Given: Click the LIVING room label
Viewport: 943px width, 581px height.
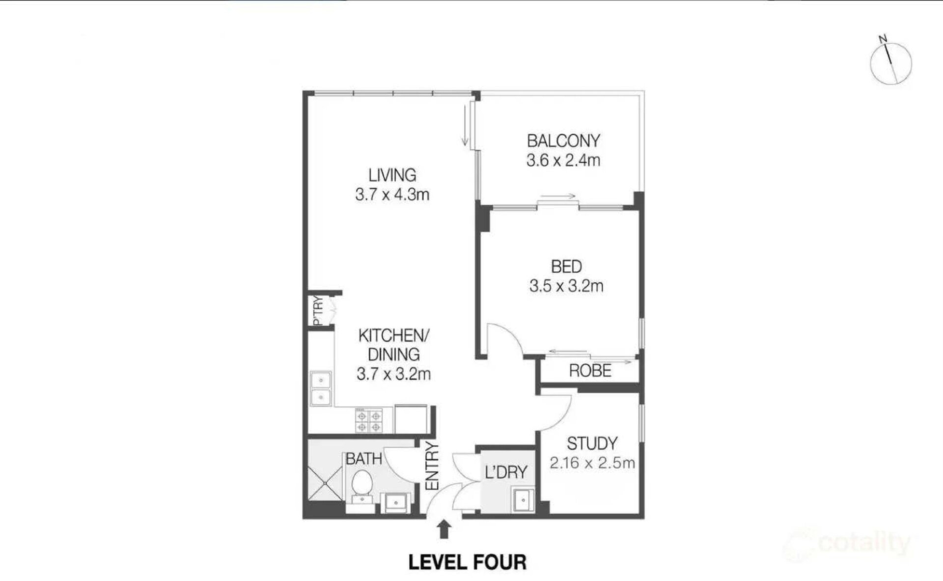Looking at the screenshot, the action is tap(392, 175).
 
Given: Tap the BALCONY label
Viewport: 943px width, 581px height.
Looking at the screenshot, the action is tap(563, 141).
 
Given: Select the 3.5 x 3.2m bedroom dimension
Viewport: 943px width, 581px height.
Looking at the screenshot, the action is tap(566, 286).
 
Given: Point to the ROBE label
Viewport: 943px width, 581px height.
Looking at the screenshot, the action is tap(590, 371).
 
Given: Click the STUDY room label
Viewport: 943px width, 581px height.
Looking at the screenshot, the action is tap(592, 443).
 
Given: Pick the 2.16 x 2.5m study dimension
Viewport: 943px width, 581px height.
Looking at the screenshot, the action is tap(592, 463).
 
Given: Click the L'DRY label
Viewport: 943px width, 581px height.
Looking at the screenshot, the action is tap(506, 472).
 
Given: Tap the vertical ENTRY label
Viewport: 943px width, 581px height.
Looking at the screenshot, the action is tap(432, 466).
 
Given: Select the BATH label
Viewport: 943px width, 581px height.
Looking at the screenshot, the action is tap(363, 459).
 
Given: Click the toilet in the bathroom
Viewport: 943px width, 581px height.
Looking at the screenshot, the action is tap(362, 484).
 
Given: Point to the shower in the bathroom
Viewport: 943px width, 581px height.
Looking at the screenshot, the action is tap(325, 483).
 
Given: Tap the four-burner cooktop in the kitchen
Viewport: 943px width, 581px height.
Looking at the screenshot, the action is tap(369, 421).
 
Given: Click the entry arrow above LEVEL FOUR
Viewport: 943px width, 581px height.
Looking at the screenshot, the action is tap(444, 530).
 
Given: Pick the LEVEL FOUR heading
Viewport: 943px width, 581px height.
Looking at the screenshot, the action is tap(468, 562).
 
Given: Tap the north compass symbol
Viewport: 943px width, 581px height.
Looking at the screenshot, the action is tap(890, 62).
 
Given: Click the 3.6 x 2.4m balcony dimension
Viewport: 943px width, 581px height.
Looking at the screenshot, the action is tap(563, 160).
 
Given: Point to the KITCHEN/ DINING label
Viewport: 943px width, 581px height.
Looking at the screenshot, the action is tap(394, 345).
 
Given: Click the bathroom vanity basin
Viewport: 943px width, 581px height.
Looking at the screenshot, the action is tap(395, 503).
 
